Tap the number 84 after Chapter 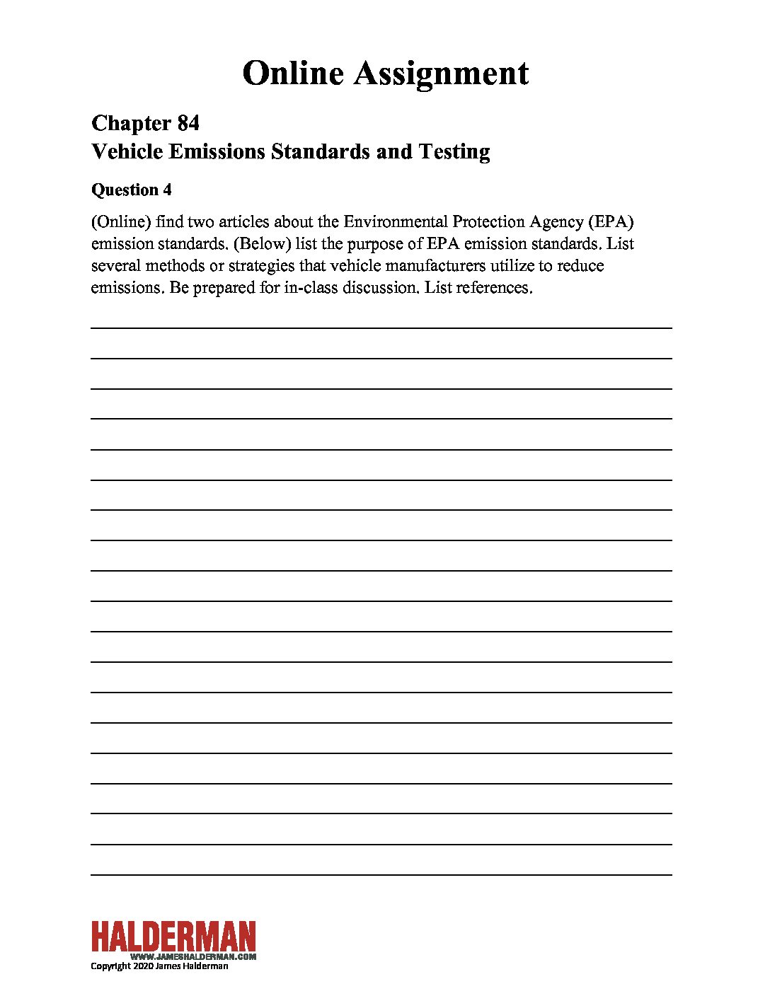click(x=188, y=123)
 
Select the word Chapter click(x=131, y=123)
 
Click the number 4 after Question click(x=167, y=190)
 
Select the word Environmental click(x=396, y=222)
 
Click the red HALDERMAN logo click(x=173, y=937)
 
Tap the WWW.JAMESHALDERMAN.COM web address click(x=192, y=956)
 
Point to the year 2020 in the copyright click(x=142, y=966)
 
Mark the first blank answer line click(x=381, y=328)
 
